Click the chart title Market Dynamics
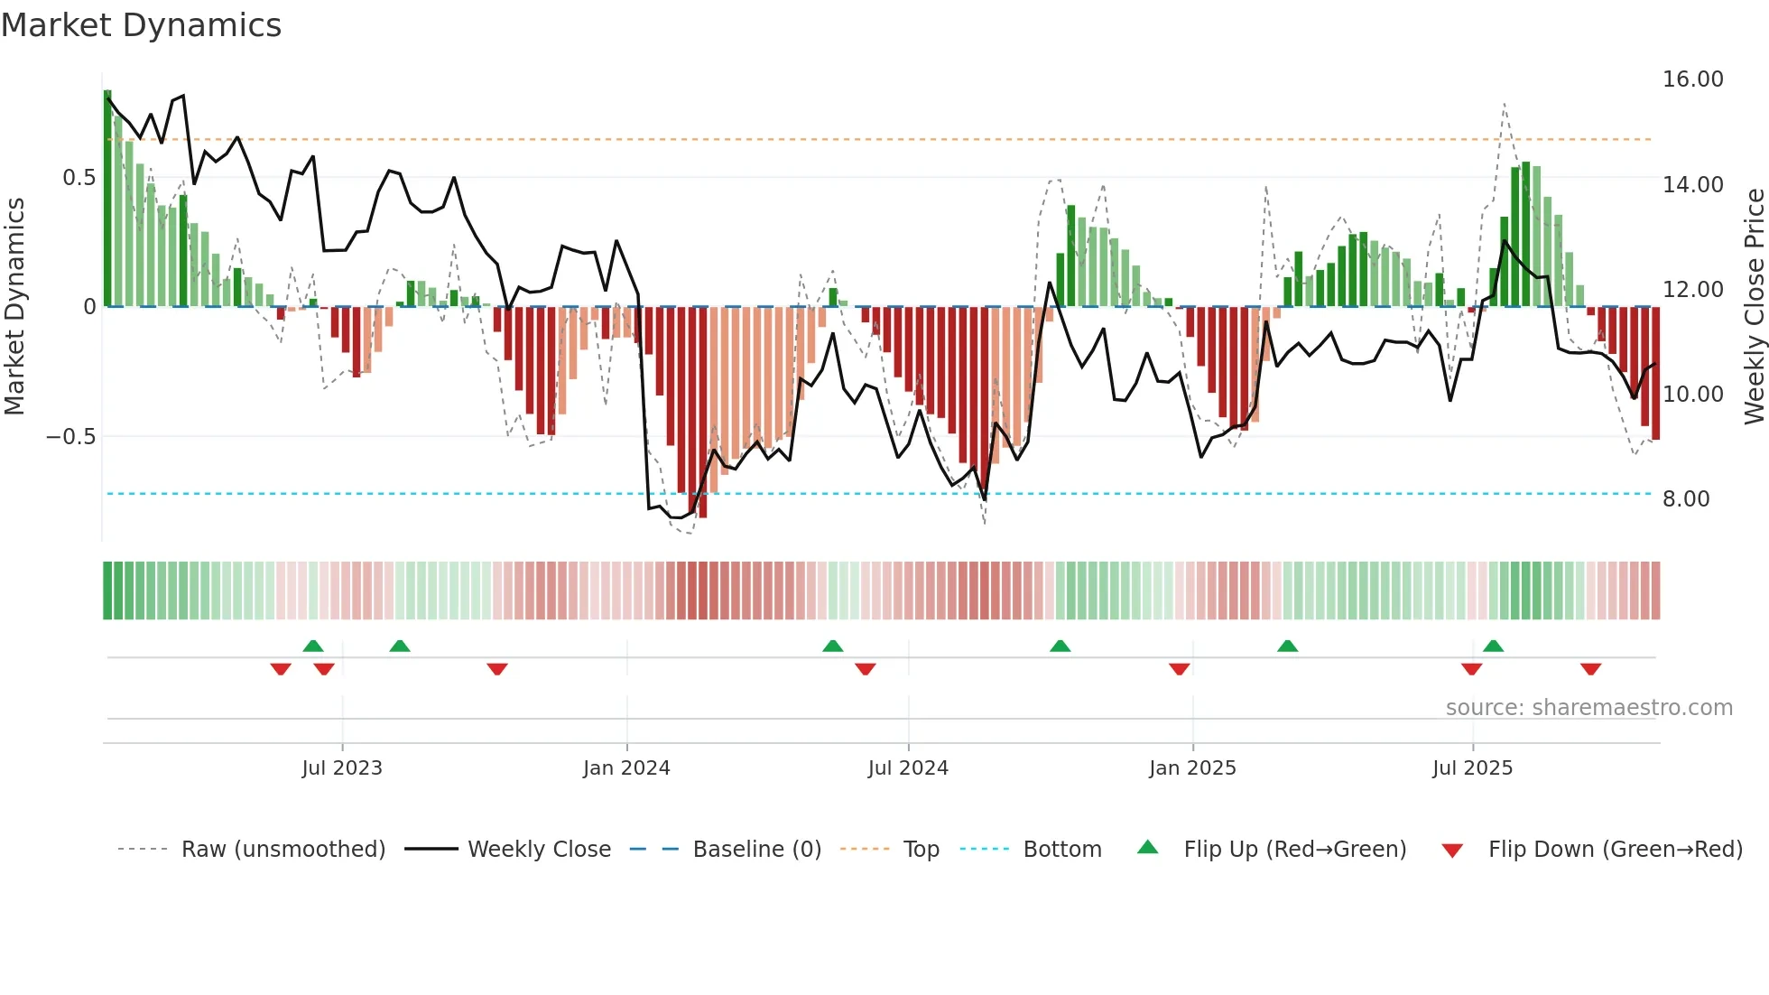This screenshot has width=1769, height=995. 141,25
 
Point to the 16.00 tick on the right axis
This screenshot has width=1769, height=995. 1692,79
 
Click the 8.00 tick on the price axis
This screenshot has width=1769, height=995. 1685,499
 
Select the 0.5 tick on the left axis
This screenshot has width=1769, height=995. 79,178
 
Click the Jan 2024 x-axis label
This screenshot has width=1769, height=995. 626,768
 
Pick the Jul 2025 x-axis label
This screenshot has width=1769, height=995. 1472,768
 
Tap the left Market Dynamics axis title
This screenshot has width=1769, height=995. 14,307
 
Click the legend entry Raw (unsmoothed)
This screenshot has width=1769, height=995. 282,850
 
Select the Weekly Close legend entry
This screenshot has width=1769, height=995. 539,850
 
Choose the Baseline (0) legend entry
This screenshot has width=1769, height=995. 756,850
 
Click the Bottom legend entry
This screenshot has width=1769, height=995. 1061,850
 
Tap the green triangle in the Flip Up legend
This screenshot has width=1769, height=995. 1147,847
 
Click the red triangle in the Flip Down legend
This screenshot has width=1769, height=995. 1452,851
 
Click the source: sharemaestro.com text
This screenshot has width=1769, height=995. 1588,708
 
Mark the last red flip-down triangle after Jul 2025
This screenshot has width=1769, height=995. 1590,669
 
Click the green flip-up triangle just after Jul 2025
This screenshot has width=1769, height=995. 1493,646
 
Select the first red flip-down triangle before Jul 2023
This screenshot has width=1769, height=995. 281,669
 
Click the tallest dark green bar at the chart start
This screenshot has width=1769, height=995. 107,199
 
